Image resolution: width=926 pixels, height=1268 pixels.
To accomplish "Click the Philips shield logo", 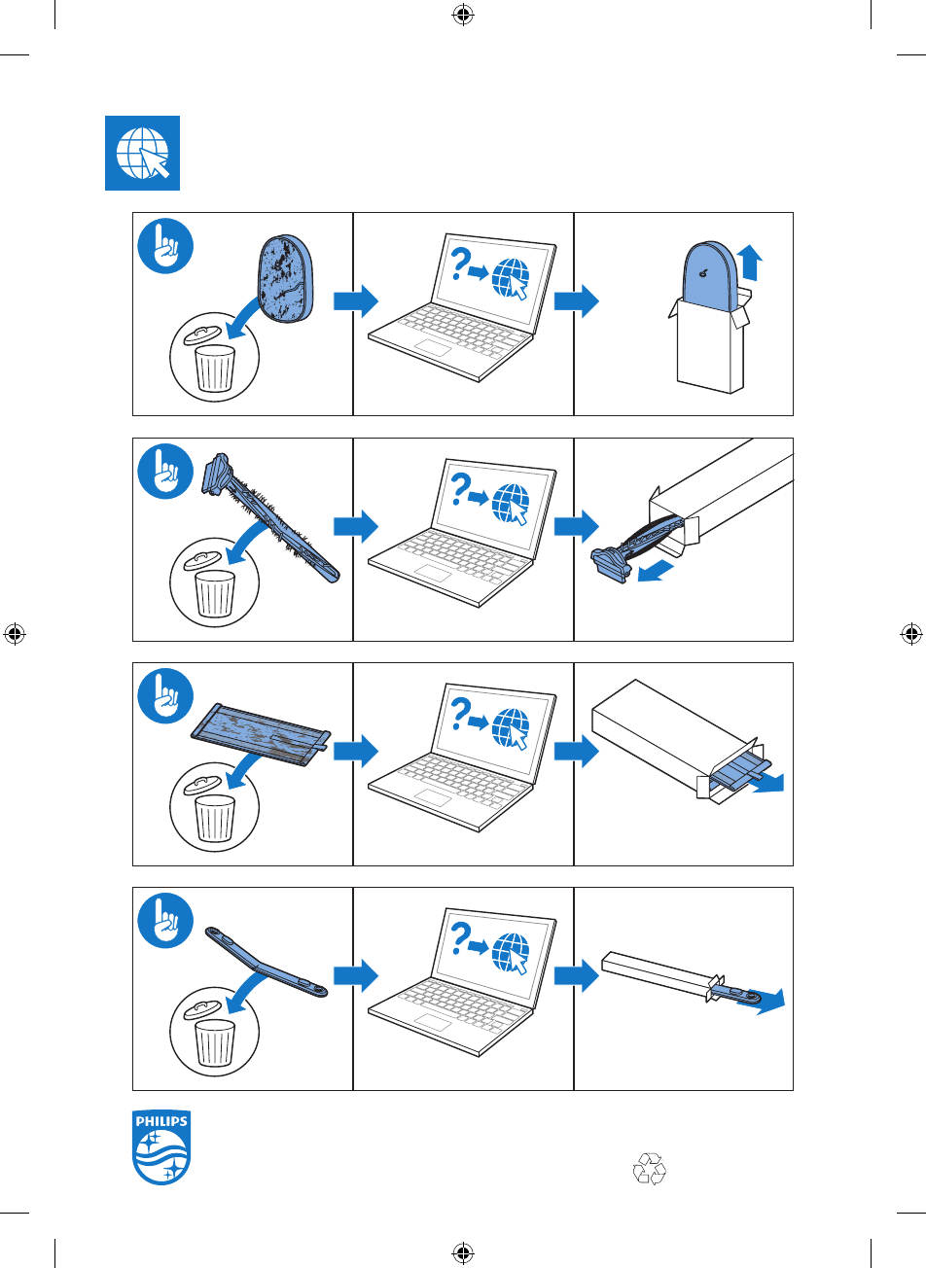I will (x=161, y=1147).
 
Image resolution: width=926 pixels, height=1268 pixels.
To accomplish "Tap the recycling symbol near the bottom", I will (x=650, y=1168).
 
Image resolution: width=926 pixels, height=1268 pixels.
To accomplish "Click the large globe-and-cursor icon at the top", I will (x=142, y=154).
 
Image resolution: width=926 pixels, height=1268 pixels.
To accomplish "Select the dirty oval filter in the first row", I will (x=286, y=278).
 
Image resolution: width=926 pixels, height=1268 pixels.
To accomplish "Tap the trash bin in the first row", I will (x=215, y=366).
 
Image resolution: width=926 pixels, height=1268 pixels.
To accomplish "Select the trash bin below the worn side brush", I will (x=215, y=592).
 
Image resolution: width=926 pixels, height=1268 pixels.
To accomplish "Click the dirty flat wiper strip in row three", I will (x=261, y=735).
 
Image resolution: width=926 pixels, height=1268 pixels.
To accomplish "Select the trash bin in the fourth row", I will (x=215, y=1041).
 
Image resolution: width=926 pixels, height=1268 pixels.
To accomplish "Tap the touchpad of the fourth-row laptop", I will (x=433, y=1022).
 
